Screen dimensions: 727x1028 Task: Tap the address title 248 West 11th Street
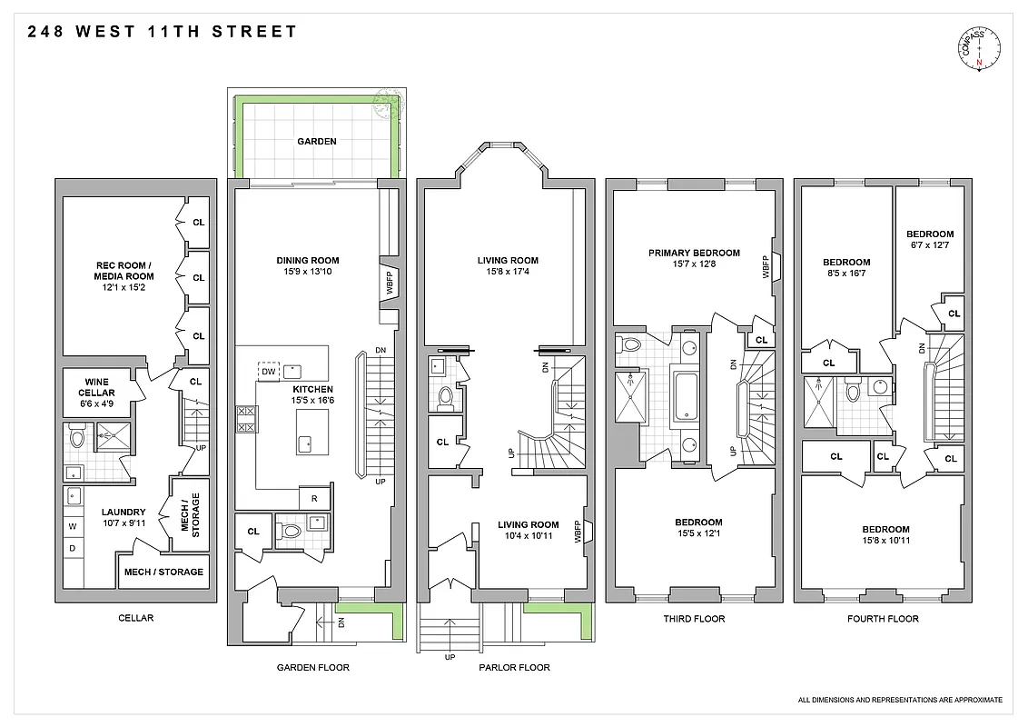[163, 32]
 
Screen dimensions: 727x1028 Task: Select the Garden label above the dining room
[316, 142]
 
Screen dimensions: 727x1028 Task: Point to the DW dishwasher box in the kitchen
[268, 371]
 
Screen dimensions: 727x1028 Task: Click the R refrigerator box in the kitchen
[314, 499]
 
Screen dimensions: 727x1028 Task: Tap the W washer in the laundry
[73, 525]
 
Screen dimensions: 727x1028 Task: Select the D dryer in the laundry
[73, 550]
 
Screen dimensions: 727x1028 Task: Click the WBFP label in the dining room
[388, 286]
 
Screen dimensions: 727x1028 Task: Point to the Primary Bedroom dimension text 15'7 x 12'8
[694, 264]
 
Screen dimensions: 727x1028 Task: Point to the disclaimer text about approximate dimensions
[900, 700]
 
